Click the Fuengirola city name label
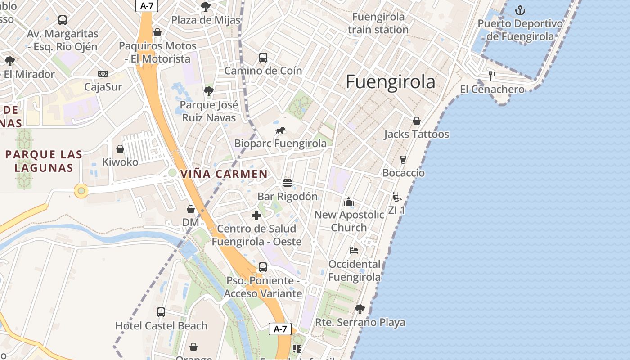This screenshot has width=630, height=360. [390, 82]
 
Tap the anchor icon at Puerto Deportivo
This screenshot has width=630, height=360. [520, 10]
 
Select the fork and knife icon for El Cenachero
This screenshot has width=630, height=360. [492, 76]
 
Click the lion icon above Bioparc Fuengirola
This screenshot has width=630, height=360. [280, 130]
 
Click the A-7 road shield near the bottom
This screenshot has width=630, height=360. [280, 329]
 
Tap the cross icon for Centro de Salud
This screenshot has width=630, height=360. [256, 216]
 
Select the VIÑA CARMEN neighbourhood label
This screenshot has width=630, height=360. [224, 174]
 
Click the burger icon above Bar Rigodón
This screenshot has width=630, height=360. [288, 183]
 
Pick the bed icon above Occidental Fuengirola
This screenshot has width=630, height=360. [354, 251]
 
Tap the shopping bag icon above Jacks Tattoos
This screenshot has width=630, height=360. [417, 121]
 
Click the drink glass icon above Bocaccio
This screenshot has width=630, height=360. [403, 160]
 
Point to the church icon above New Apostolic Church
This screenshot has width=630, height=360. [349, 202]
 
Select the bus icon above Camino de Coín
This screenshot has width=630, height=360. [263, 58]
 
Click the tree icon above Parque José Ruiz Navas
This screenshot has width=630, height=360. [208, 91]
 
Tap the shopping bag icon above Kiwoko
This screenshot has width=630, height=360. [120, 149]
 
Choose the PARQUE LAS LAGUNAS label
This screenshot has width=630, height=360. [44, 161]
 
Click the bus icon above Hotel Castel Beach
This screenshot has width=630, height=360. [161, 312]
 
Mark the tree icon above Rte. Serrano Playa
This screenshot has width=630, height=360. [360, 309]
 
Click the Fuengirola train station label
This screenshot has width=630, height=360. [378, 23]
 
